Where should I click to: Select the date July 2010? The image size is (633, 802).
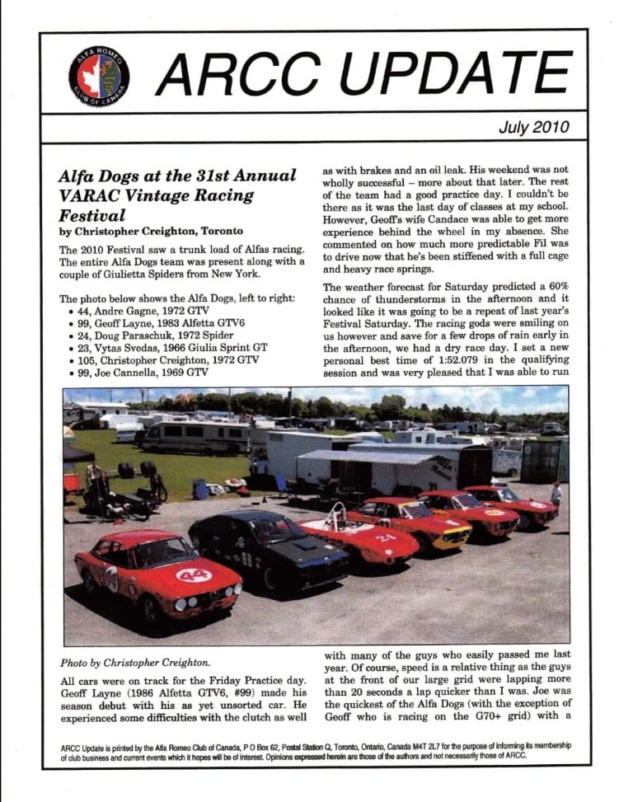point(532,128)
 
